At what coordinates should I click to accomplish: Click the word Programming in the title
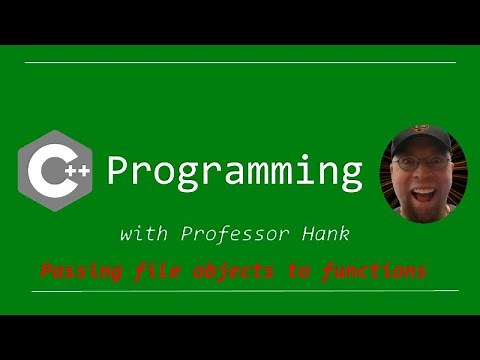[x=234, y=173]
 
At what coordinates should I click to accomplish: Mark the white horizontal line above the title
[x=240, y=63]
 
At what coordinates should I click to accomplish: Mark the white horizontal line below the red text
[x=240, y=291]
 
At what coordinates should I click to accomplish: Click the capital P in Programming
[x=118, y=171]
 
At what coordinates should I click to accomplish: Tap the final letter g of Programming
[x=349, y=176]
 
